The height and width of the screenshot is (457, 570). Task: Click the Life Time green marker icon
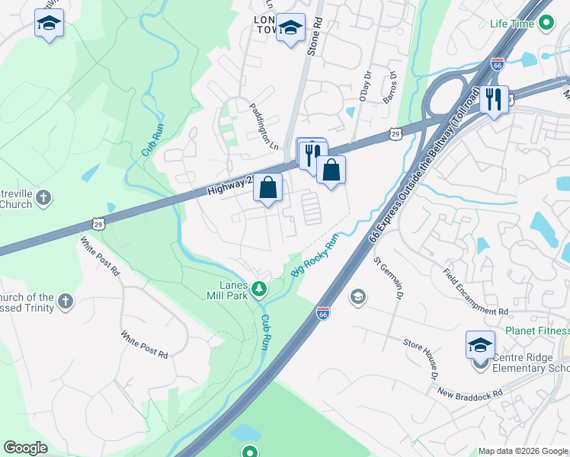[x=545, y=24]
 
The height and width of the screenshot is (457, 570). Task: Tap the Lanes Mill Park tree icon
[x=259, y=288]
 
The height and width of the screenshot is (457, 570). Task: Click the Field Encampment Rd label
[x=476, y=292]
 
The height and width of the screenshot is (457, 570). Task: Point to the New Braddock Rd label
[x=470, y=393]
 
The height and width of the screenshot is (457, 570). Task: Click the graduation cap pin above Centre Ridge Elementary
[x=480, y=345]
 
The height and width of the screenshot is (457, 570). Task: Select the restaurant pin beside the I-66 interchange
[x=494, y=99]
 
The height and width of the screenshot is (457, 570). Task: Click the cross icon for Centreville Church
[x=44, y=197]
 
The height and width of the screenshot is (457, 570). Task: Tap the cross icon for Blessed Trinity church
[x=66, y=300]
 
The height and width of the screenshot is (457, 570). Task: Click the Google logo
[x=25, y=447]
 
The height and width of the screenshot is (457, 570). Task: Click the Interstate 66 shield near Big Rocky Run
[x=323, y=312]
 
